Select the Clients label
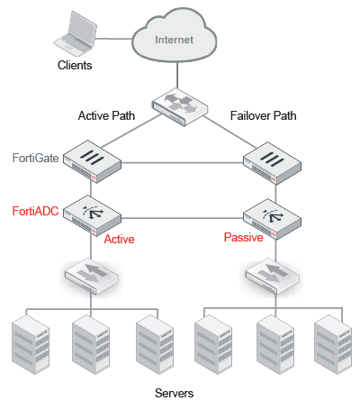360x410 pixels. (75, 65)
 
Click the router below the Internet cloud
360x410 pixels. (177, 106)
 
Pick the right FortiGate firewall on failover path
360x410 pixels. (270, 159)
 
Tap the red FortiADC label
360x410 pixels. (36, 211)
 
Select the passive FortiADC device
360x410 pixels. (269, 215)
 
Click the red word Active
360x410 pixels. (120, 239)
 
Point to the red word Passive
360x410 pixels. (243, 238)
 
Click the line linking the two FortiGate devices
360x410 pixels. (180, 163)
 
